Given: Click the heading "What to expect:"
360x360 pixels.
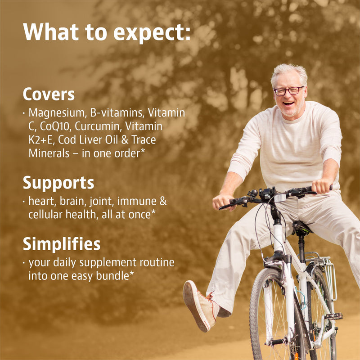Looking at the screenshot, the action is coord(107,32).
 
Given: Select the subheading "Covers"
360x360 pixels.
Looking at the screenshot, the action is coord(49,94).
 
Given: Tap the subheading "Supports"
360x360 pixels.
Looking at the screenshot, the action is coord(58,184).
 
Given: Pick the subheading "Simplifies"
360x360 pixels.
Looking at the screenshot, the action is coord(62,244).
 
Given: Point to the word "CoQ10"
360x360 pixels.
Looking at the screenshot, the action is coord(54,126).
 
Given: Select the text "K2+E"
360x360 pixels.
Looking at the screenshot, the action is coord(40,139).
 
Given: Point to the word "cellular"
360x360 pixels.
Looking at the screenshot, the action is coord(45,215).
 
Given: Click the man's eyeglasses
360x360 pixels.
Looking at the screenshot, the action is coord(288,91).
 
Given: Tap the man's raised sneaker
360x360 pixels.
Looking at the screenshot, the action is coord(200,306).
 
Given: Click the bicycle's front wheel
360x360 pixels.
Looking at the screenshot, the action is coord(275,317).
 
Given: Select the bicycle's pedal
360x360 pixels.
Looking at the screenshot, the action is coord(333,316).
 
